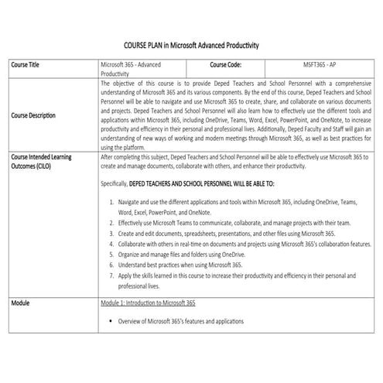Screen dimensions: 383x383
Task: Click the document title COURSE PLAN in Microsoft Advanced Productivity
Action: point(191,46)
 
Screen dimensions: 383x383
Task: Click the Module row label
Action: point(21,303)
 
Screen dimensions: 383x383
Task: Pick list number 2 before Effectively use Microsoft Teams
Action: point(111,221)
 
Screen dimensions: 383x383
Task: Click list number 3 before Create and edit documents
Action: point(111,232)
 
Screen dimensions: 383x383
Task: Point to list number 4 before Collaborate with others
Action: point(111,243)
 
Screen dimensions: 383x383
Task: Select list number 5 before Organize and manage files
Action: point(111,254)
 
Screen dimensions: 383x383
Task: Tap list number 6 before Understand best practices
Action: point(111,265)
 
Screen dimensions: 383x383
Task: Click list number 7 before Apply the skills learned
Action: point(111,275)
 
